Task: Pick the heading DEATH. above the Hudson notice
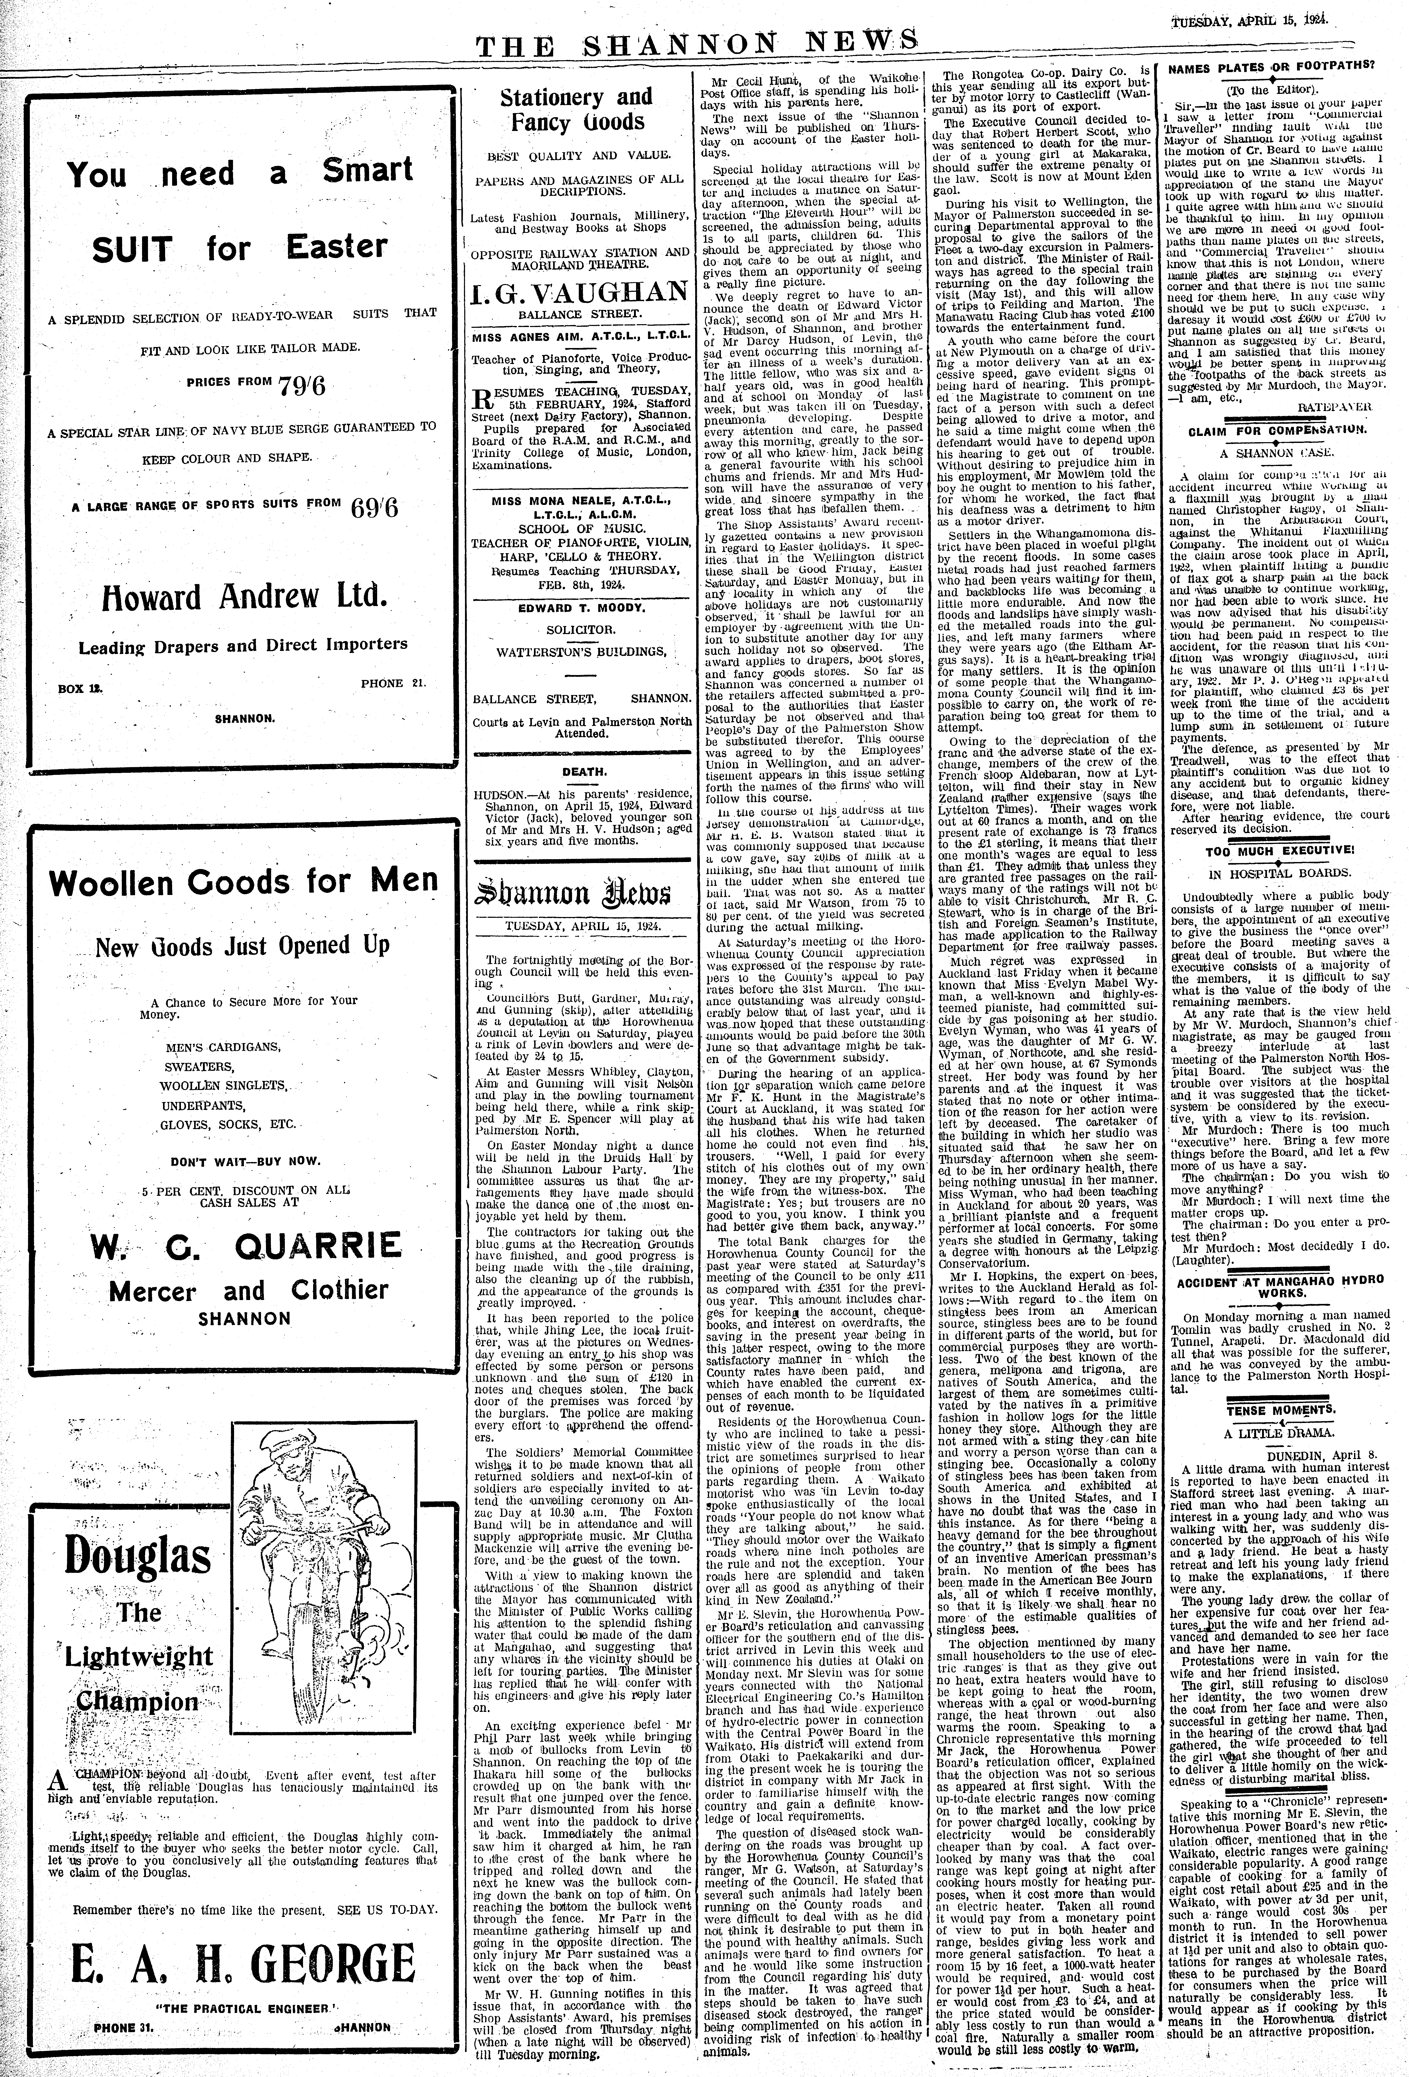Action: (580, 771)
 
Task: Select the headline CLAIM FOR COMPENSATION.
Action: (1277, 430)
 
